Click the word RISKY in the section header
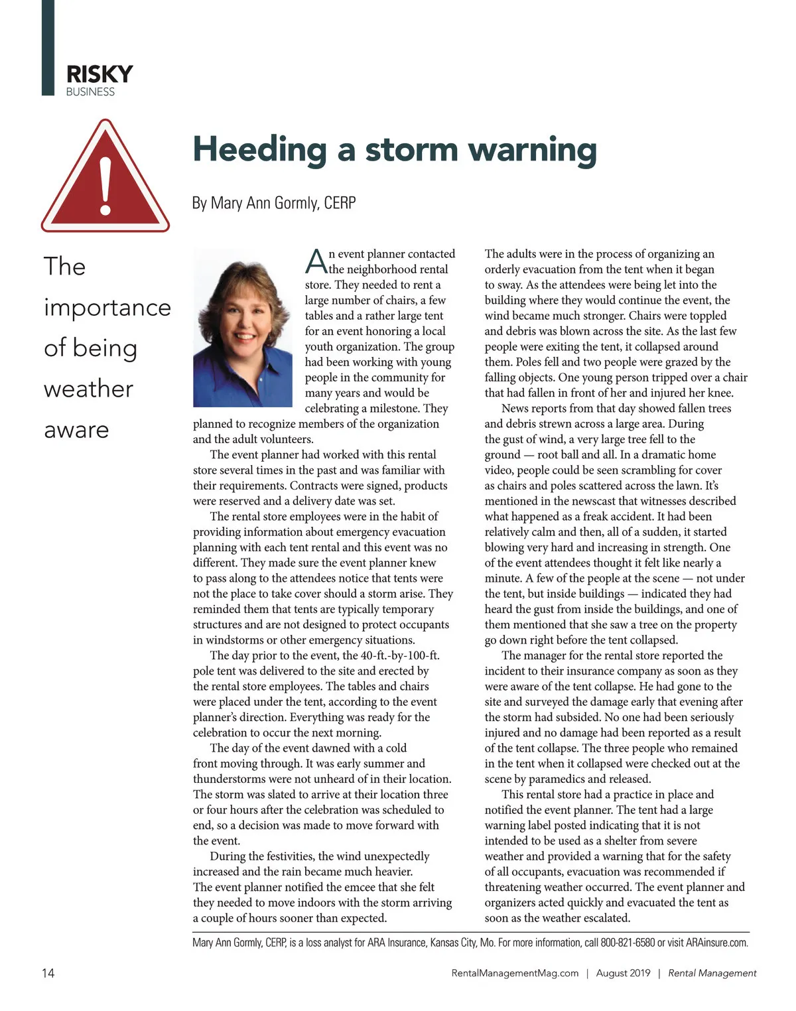pyautogui.click(x=99, y=74)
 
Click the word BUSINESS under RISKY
pyautogui.click(x=90, y=92)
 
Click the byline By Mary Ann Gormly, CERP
pyautogui.click(x=274, y=203)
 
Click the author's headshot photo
pyautogui.click(x=243, y=327)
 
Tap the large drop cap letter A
pyautogui.click(x=316, y=261)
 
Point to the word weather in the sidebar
pyautogui.click(x=88, y=389)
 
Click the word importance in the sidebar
pyautogui.click(x=107, y=308)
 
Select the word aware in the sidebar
pyautogui.click(x=76, y=430)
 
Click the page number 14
pyautogui.click(x=48, y=973)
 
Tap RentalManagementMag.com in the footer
pyautogui.click(x=515, y=973)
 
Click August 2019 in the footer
pyautogui.click(x=623, y=973)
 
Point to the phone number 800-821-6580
pyautogui.click(x=628, y=943)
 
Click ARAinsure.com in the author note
pyautogui.click(x=716, y=943)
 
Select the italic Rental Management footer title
pyautogui.click(x=712, y=973)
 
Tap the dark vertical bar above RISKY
pyautogui.click(x=48, y=46)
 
